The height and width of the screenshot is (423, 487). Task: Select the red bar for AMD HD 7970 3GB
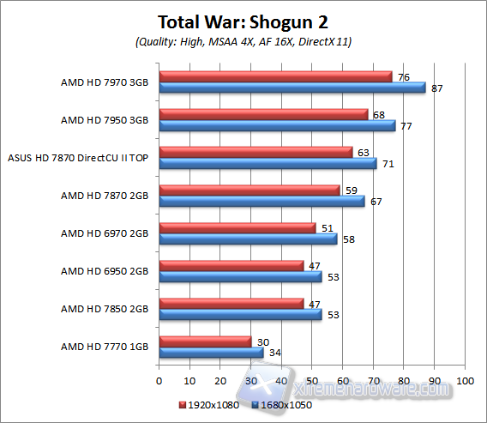(x=275, y=76)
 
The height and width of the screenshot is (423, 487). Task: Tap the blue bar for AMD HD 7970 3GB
(x=292, y=87)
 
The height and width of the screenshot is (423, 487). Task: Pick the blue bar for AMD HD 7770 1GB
(x=211, y=352)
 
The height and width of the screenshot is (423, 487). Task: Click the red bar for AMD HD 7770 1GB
(x=205, y=341)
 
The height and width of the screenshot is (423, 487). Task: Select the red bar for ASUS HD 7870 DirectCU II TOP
(x=256, y=152)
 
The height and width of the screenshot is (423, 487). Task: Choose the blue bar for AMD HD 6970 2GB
(x=248, y=239)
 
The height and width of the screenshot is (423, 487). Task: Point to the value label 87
(x=436, y=88)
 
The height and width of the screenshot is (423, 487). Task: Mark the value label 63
(x=363, y=152)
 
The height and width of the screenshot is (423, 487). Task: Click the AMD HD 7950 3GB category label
(x=105, y=120)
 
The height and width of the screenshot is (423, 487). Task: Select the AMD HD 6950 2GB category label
(x=105, y=271)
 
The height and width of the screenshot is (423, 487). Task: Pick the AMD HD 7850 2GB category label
(x=105, y=309)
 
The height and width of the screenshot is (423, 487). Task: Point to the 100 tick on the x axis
(x=465, y=379)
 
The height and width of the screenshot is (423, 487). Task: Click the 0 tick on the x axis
(x=159, y=379)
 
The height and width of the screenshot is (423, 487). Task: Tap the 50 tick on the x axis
(x=312, y=379)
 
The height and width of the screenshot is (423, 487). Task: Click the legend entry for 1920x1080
(x=210, y=404)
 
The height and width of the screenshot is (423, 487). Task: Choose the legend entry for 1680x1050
(x=282, y=404)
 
